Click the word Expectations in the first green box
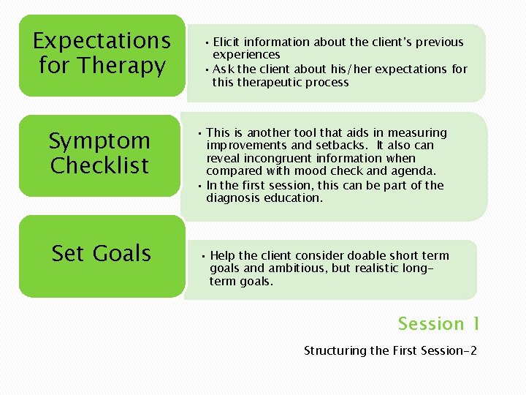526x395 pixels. point(102,41)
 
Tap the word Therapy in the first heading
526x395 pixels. point(123,66)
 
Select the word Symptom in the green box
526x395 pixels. point(99,140)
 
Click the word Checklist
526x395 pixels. point(99,165)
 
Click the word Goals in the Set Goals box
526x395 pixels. point(122,254)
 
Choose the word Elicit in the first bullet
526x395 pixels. point(226,42)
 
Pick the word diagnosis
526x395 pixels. point(237,197)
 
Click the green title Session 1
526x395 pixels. point(438,323)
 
